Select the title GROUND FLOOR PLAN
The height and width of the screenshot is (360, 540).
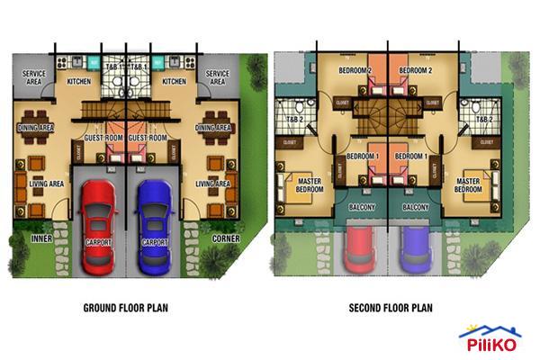(126, 308)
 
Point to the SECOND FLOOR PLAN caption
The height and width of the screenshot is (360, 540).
(391, 308)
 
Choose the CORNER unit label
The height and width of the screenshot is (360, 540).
(225, 238)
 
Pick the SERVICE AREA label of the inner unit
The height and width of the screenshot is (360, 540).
(35, 77)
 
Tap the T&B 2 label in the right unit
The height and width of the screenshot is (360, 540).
(484, 119)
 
